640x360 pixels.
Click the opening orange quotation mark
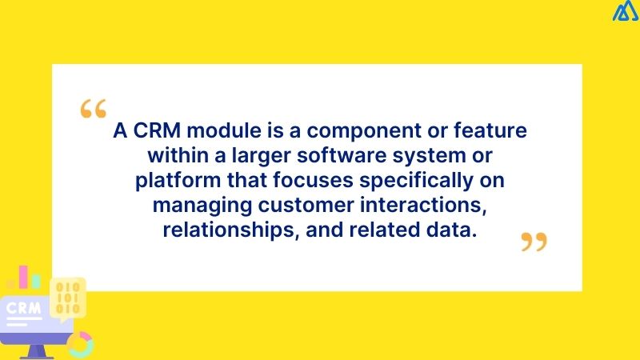(x=93, y=110)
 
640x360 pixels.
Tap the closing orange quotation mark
(x=534, y=242)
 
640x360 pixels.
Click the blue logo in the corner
(x=624, y=12)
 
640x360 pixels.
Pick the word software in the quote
(x=342, y=155)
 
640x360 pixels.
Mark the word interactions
(x=428, y=205)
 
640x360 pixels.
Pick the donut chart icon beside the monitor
(x=79, y=344)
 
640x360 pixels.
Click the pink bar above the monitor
(x=34, y=281)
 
